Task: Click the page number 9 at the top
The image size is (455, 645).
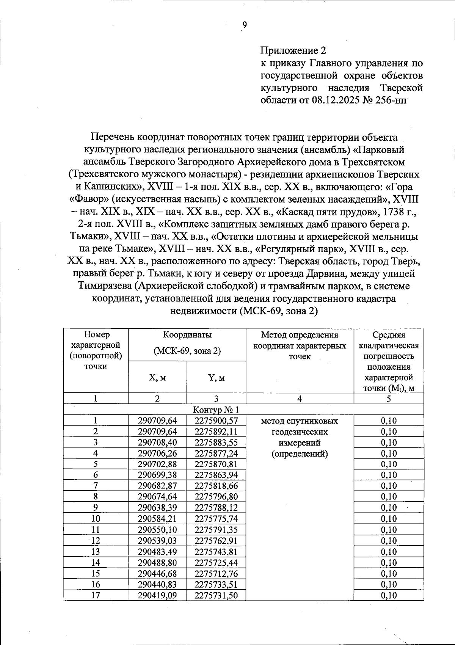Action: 244,25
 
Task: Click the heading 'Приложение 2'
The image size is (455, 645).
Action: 293,50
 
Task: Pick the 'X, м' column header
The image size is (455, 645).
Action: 157,378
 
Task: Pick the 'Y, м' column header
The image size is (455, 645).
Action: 216,378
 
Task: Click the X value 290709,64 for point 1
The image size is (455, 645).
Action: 157,421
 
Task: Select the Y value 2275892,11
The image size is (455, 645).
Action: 216,432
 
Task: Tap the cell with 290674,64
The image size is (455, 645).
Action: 157,497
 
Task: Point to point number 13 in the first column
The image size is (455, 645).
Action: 96,552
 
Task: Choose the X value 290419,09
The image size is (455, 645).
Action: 157,595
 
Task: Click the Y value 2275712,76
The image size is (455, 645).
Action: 216,573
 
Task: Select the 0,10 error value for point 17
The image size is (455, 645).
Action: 389,595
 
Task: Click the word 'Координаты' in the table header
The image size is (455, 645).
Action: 187,335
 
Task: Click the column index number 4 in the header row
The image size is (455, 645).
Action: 300,399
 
